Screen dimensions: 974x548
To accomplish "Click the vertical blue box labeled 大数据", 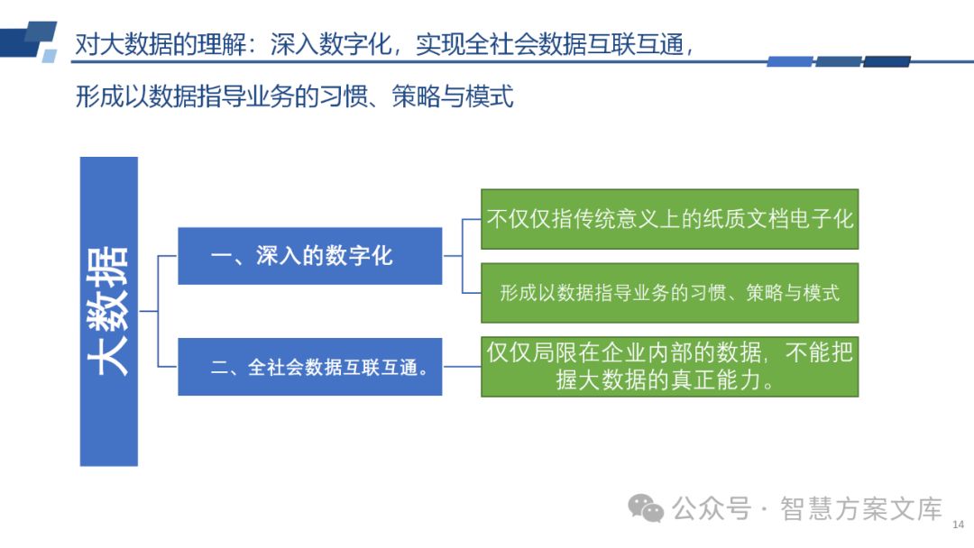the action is pos(108,311).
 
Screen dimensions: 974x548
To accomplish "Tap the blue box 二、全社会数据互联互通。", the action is pos(309,366).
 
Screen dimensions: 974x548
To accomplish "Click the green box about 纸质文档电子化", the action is pos(669,219).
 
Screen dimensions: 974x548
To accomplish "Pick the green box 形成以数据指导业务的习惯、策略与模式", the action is pos(669,293).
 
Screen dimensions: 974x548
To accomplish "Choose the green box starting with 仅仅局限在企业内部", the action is pos(669,366).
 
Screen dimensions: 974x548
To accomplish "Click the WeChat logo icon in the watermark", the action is pos(646,508).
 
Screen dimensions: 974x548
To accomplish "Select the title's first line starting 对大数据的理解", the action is pos(384,45).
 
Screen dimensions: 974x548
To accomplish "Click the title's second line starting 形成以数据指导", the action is pos(295,96).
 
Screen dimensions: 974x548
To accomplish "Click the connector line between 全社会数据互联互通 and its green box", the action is pos(461,366).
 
